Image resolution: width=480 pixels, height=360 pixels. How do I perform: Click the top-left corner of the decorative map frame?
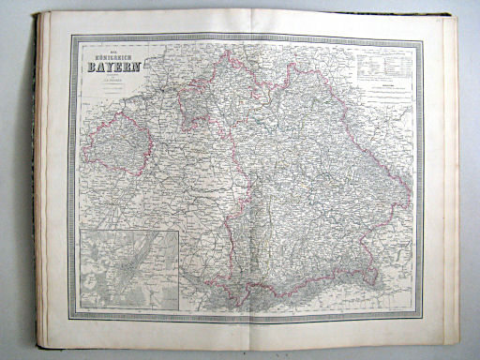pyautogui.click(x=72, y=37)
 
